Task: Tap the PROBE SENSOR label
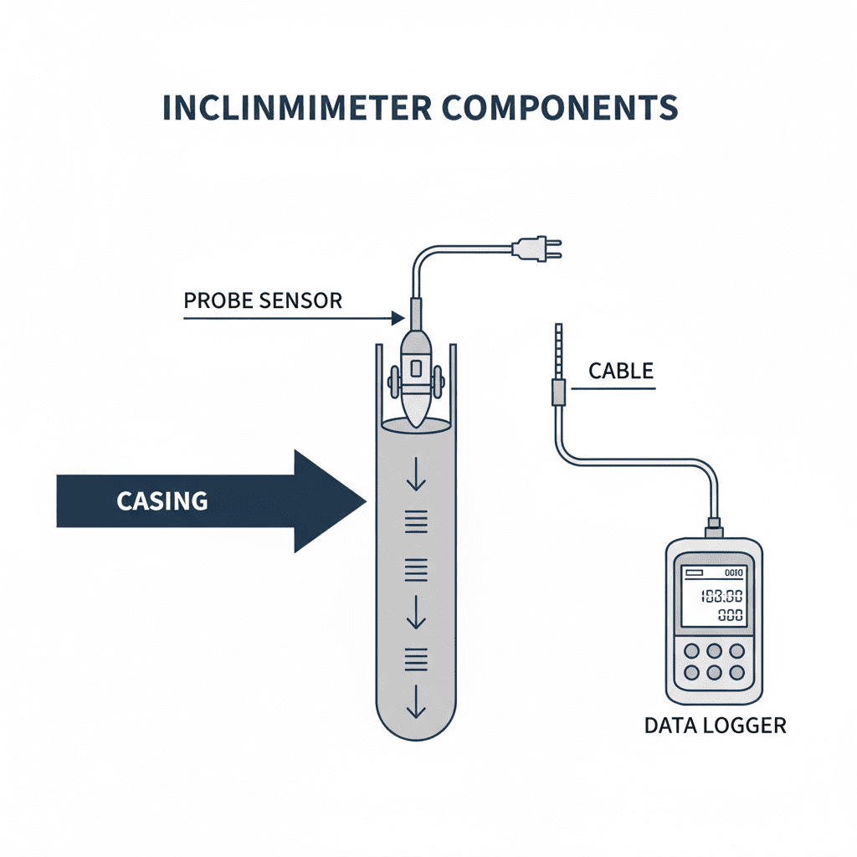[263, 300]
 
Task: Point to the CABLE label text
[620, 371]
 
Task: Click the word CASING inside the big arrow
[162, 501]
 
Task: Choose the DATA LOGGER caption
[715, 725]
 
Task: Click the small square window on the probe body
[415, 369]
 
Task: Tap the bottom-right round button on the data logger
[736, 672]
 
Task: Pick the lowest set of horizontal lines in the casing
[416, 659]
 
